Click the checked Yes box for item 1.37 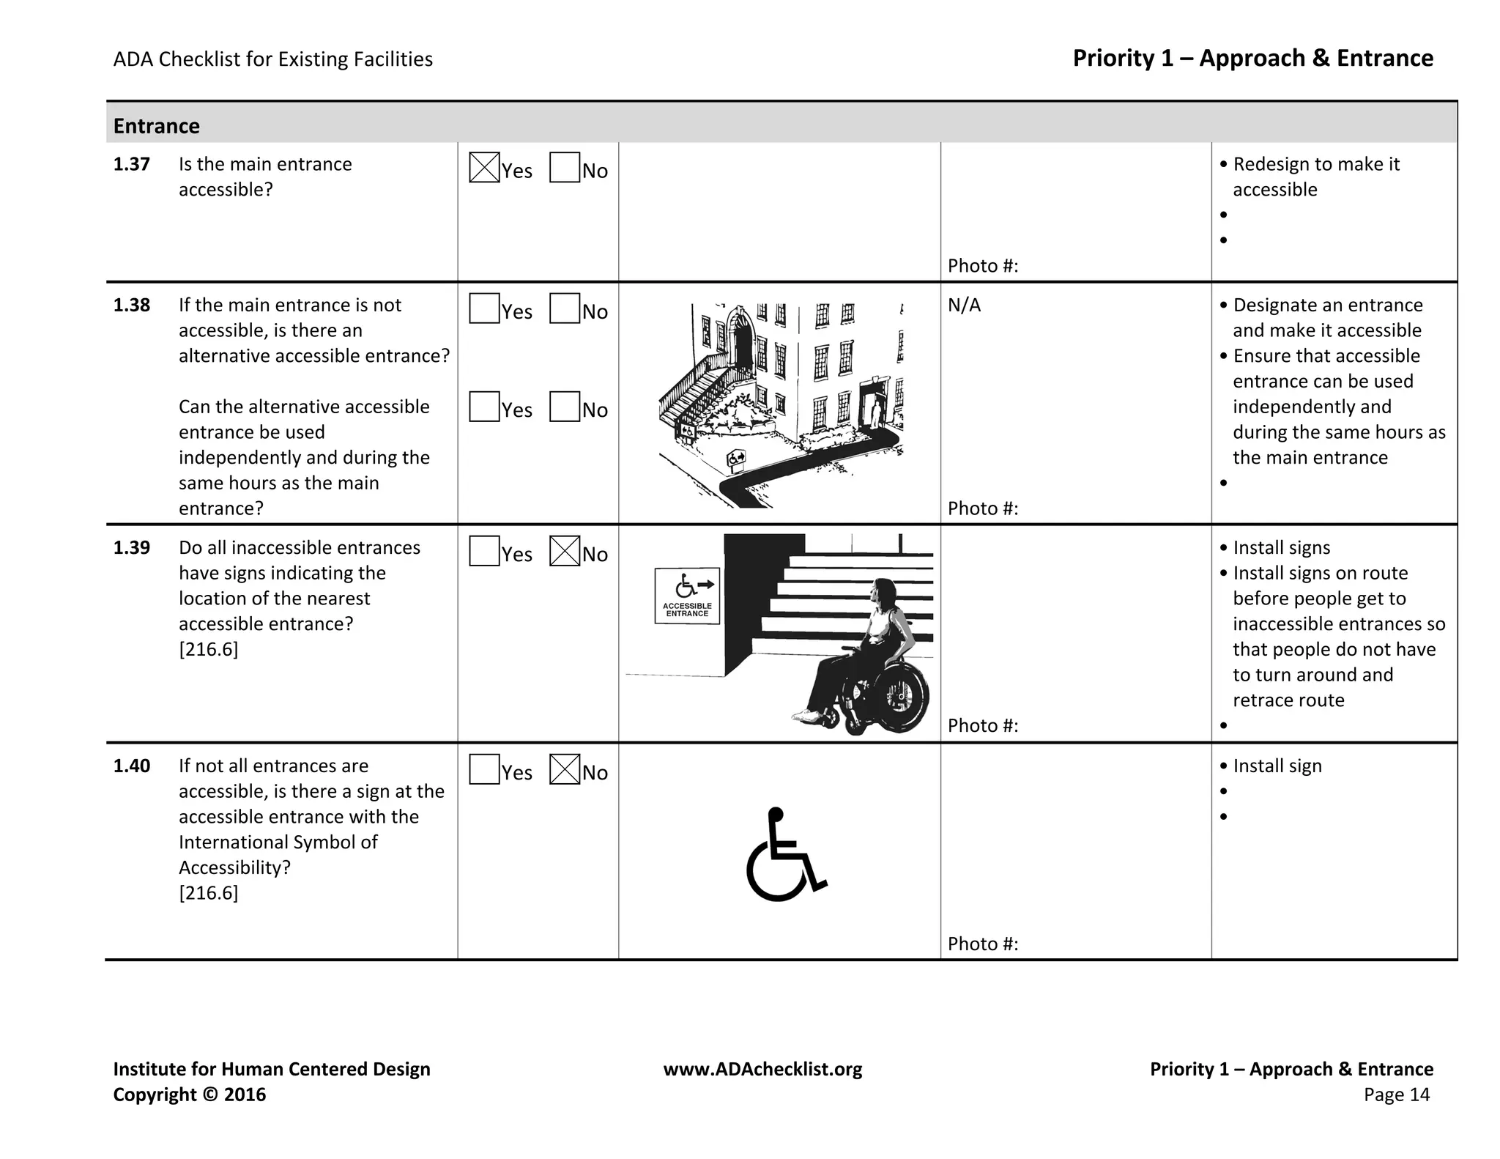pyautogui.click(x=484, y=167)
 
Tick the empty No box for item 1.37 pyautogui.click(x=564, y=167)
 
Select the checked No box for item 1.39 pyautogui.click(x=564, y=551)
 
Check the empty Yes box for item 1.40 pyautogui.click(x=484, y=769)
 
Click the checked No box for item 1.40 pyautogui.click(x=564, y=769)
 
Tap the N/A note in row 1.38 pyautogui.click(x=964, y=306)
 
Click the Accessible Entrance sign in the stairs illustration pyautogui.click(x=687, y=596)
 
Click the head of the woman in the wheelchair pyautogui.click(x=885, y=591)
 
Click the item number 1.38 pyautogui.click(x=132, y=306)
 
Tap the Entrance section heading pyautogui.click(x=156, y=126)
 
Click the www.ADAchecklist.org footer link pyautogui.click(x=762, y=1069)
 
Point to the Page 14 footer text pyautogui.click(x=1396, y=1095)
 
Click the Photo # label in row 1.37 pyautogui.click(x=983, y=265)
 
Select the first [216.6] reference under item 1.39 pyautogui.click(x=208, y=649)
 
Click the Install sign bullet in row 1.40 pyautogui.click(x=1277, y=766)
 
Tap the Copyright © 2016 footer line pyautogui.click(x=189, y=1095)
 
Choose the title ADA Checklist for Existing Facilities pyautogui.click(x=272, y=59)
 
